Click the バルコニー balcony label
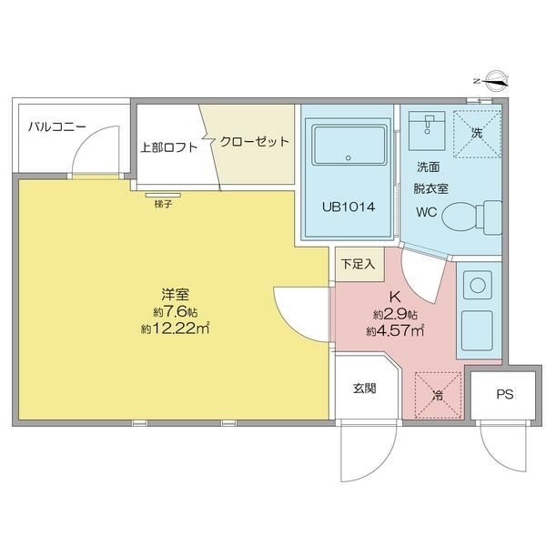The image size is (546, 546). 57,126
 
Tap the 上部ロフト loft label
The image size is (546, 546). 169,147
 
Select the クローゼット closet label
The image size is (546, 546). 255,141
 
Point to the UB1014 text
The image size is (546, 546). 349,207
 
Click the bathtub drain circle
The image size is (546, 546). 349,157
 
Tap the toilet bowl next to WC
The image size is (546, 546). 471,217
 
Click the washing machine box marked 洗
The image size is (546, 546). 478,134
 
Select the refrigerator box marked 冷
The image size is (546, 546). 438,395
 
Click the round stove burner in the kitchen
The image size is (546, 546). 478,286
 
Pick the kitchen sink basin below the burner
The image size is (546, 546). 477,330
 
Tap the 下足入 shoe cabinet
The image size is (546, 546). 359,264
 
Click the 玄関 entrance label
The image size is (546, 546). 365,389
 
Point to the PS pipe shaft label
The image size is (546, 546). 504,395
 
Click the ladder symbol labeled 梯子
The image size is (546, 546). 163,195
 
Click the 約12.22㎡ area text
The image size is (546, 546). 175,329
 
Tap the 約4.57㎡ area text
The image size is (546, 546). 395,331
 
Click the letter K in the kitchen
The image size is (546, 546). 395,297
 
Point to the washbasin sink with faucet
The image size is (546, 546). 427,131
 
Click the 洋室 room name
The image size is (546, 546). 175,294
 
